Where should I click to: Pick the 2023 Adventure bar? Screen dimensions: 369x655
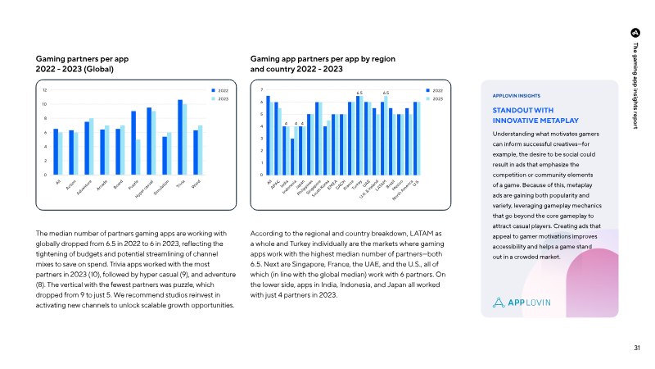coord(91,146)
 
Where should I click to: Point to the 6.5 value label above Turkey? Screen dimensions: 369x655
coord(359,93)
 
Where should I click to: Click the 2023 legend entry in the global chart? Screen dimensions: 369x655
coord(222,98)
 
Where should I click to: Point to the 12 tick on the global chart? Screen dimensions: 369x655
coord(45,90)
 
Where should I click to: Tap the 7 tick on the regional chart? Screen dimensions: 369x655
coord(260,89)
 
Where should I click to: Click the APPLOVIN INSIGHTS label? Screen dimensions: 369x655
coord(517,95)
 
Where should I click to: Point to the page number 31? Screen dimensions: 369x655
coord(637,348)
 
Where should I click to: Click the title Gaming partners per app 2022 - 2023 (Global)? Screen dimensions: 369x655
coord(82,64)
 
